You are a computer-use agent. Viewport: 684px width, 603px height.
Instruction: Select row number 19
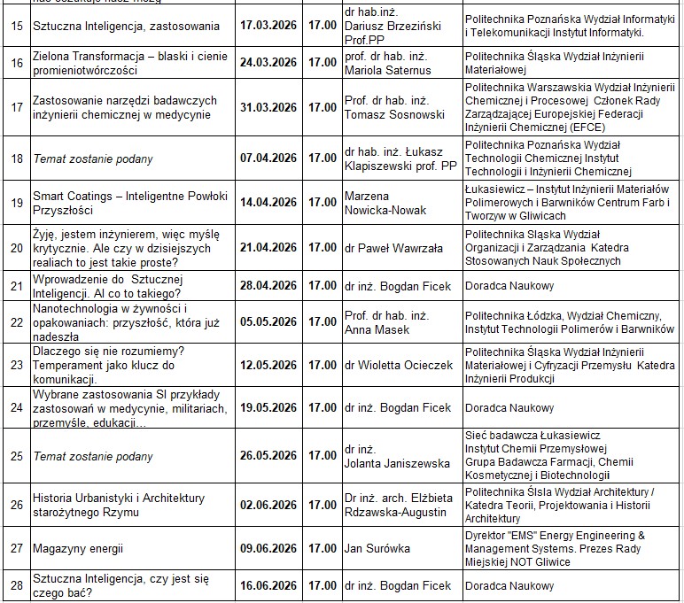tap(15, 202)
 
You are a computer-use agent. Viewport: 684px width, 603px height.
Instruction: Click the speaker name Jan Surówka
tap(377, 549)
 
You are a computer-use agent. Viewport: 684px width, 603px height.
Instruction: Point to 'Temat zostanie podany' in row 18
tap(93, 158)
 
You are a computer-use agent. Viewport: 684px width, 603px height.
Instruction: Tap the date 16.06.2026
tap(268, 585)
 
